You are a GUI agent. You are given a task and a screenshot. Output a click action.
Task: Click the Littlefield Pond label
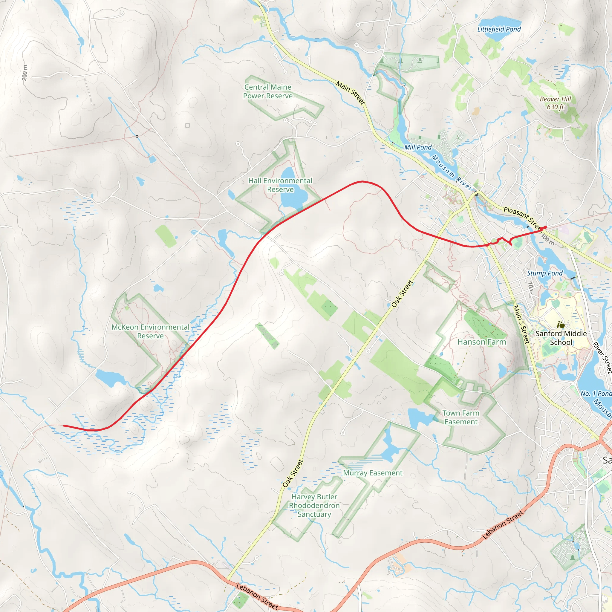tap(499, 29)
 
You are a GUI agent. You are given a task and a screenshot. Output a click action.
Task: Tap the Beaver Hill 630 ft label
tap(555, 103)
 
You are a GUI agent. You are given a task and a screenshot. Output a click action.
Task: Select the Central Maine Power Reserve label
tap(268, 91)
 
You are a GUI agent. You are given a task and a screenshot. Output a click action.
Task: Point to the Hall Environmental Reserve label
tap(280, 185)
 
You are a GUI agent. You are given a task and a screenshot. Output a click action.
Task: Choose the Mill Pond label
tap(418, 147)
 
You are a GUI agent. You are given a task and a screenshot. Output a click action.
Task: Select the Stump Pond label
tap(545, 273)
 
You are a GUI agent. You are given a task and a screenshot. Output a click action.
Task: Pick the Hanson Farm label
tap(481, 342)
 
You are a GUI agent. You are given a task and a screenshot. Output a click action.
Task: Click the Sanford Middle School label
tap(561, 338)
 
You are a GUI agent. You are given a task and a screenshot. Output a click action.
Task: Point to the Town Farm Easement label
tap(461, 417)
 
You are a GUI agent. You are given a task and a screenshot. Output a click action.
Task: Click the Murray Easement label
tap(373, 473)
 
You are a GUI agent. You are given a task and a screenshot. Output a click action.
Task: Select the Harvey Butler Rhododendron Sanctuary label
tap(314, 506)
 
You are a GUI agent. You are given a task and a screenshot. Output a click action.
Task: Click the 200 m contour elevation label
tap(25, 72)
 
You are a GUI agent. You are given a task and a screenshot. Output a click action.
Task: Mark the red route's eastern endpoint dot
tap(545, 227)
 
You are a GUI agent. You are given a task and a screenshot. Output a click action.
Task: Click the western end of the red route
tap(64, 426)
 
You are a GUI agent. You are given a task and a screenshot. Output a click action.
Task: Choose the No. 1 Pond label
tap(596, 394)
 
